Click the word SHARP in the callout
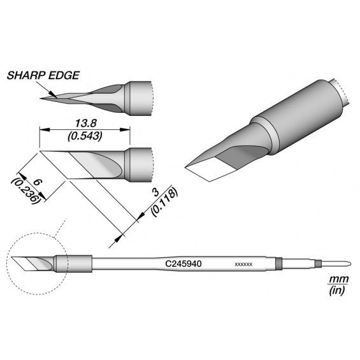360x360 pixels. click(25, 75)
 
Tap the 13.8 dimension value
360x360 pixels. click(86, 123)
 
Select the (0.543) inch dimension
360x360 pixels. click(85, 136)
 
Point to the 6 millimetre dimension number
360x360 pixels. click(38, 183)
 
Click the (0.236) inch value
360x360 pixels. click(25, 190)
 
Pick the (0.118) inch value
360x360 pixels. click(164, 202)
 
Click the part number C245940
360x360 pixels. click(184, 264)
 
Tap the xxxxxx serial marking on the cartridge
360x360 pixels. click(243, 264)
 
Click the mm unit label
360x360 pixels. click(338, 279)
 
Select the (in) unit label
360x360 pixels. click(337, 291)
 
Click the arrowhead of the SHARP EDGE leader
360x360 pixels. click(54, 95)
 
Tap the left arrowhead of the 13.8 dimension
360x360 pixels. click(45, 130)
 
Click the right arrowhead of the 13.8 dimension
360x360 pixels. click(125, 130)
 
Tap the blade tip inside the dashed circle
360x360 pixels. click(12, 257)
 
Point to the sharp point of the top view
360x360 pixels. click(41, 99)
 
